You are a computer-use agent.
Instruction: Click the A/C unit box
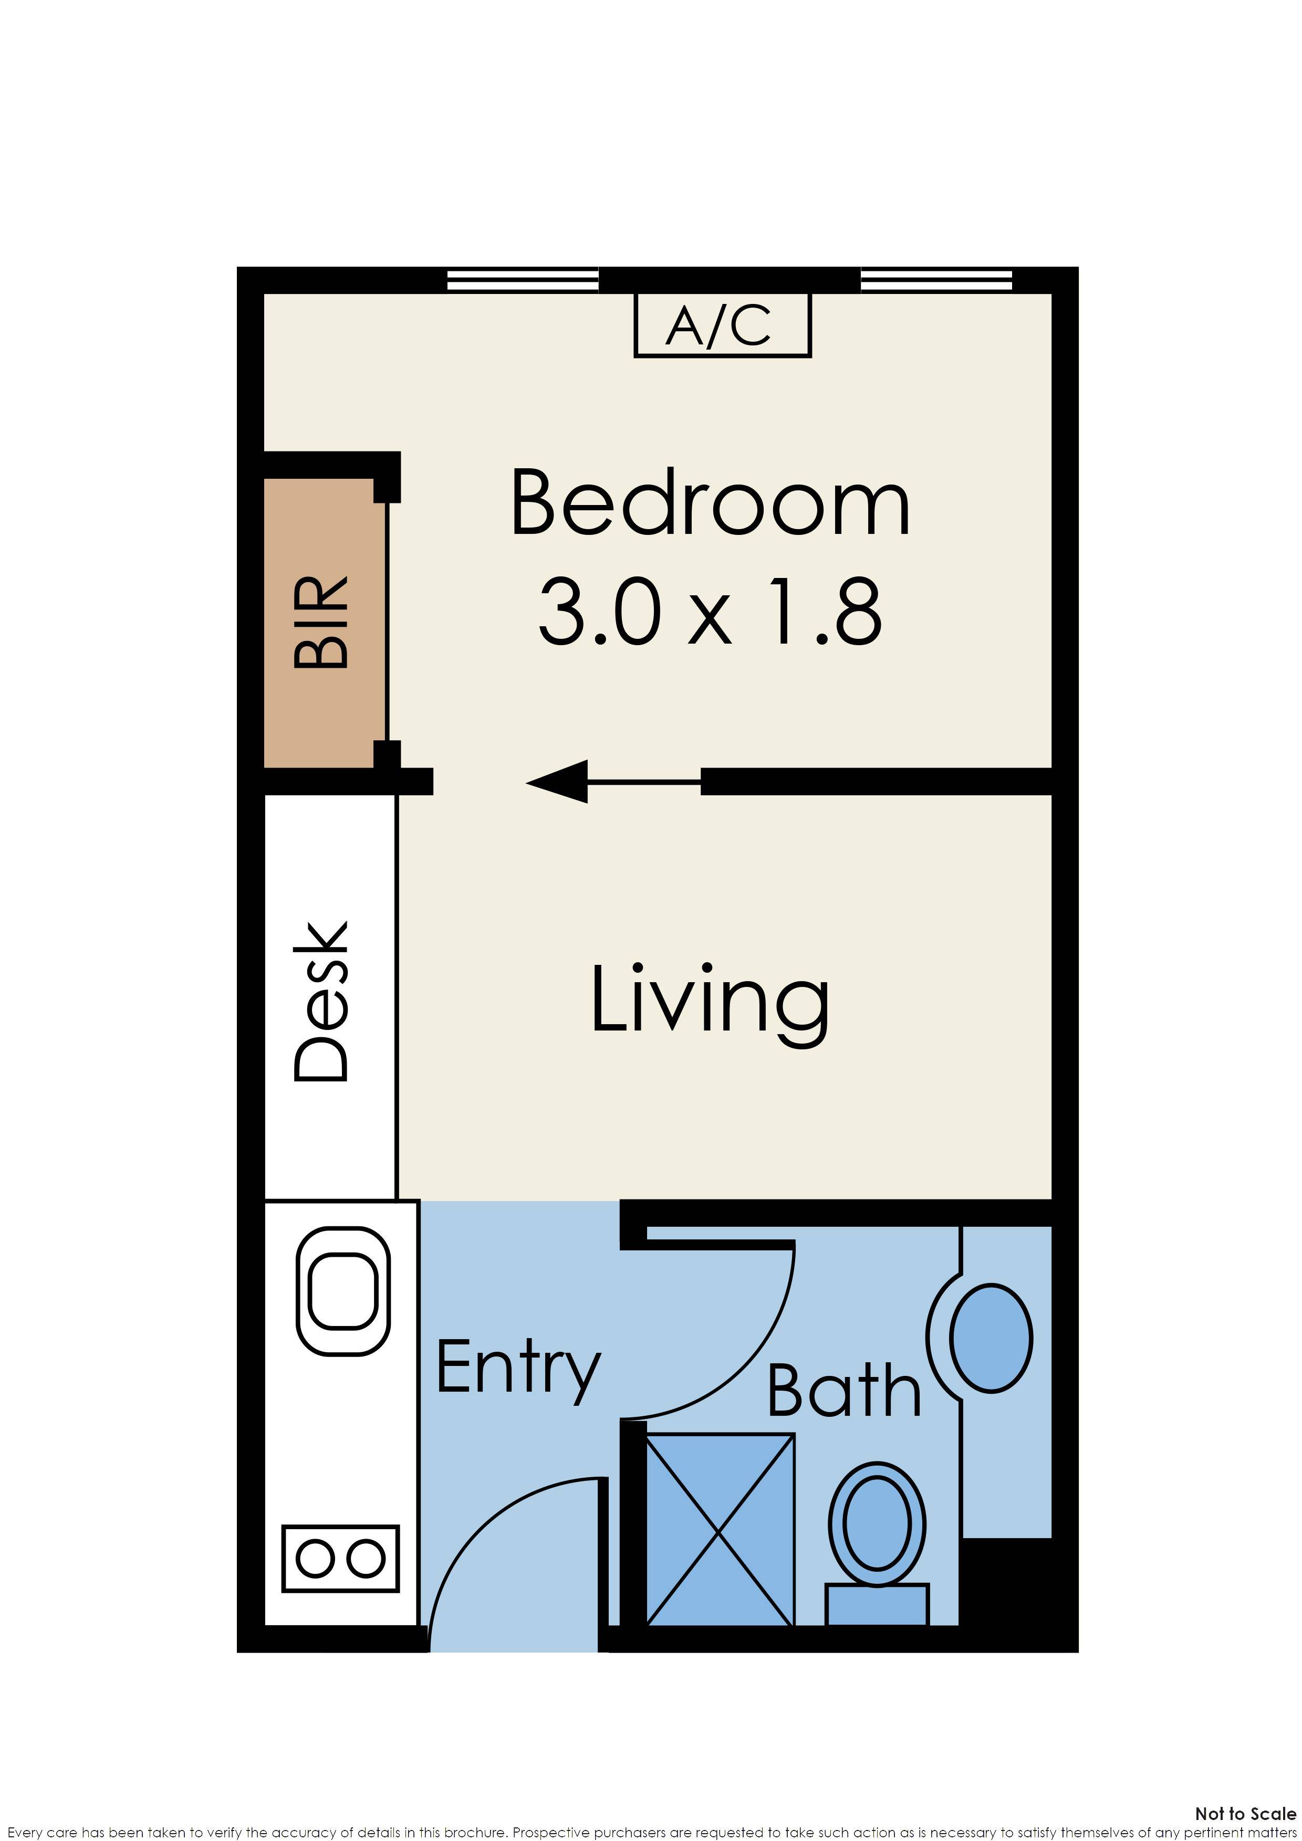[722, 325]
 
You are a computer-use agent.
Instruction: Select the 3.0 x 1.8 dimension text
[710, 613]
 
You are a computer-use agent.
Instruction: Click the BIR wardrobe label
[321, 622]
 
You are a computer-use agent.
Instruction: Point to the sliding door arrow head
[558, 781]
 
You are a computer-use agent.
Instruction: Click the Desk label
[321, 1002]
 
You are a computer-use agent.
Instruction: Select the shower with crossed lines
[720, 1530]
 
